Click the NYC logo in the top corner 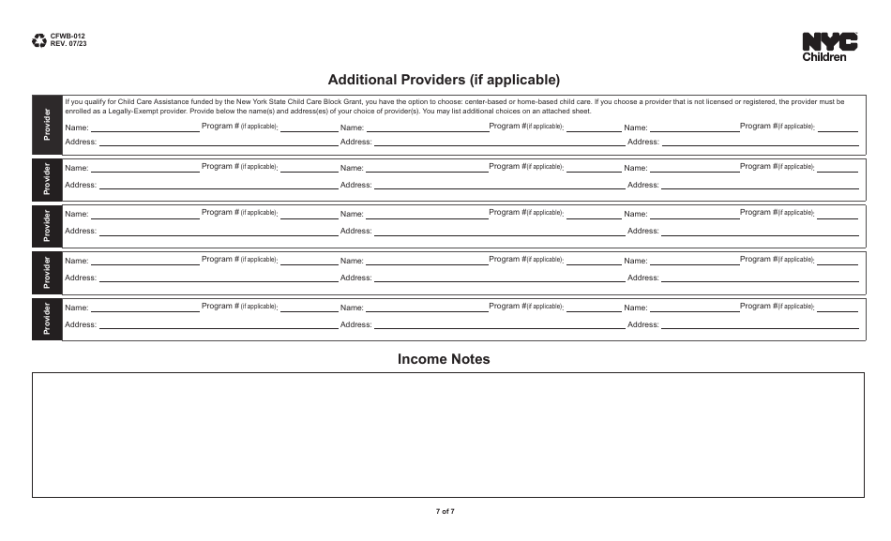click(829, 41)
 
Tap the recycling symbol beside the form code click(39, 40)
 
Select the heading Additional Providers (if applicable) click(444, 80)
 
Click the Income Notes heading click(444, 359)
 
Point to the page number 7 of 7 click(445, 511)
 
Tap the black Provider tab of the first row click(47, 125)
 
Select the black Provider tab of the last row click(47, 319)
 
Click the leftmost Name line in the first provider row click(145, 129)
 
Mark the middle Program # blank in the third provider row click(593, 216)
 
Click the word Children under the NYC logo click(824, 57)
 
